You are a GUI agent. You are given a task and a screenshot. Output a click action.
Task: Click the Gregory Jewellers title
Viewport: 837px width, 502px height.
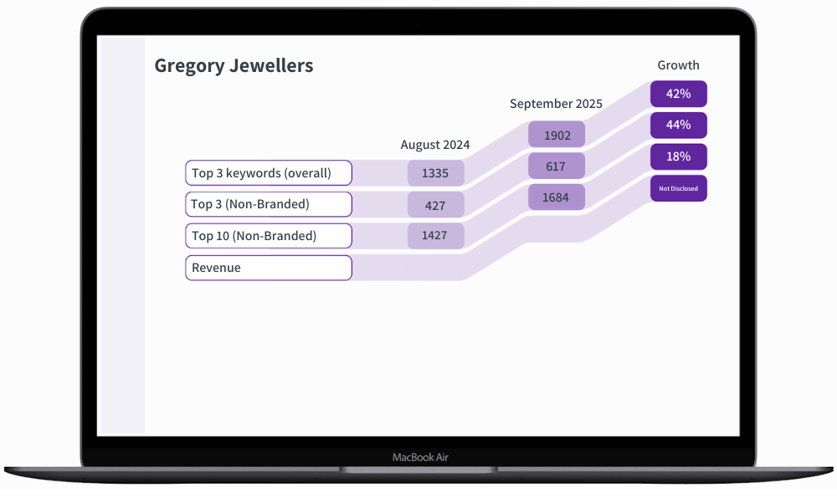coord(234,66)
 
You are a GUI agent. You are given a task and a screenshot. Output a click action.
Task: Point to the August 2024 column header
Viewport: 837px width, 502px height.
coord(435,145)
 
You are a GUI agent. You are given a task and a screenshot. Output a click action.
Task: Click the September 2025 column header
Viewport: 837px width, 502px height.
coord(556,104)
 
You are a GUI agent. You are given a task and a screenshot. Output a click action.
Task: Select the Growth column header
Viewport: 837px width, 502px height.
coord(678,65)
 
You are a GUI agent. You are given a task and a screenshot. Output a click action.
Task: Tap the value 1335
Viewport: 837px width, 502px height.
coord(435,173)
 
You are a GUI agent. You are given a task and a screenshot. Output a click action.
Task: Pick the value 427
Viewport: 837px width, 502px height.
coord(435,205)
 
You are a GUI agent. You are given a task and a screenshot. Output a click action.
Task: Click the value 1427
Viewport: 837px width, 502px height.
coord(435,236)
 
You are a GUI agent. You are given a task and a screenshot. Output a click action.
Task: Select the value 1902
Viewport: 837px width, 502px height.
coord(557,135)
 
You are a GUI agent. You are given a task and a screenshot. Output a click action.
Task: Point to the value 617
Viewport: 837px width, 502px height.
coord(556,166)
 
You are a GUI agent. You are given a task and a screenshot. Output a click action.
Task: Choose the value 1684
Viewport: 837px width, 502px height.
coord(556,197)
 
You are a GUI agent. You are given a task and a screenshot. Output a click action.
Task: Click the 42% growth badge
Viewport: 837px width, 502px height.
coord(679,94)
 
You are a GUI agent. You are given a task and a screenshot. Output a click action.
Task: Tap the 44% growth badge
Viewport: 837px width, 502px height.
coord(679,125)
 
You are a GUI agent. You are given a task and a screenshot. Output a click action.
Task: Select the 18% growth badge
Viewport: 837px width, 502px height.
coord(679,156)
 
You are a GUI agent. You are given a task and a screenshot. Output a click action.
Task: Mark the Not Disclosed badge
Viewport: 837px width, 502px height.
coord(679,188)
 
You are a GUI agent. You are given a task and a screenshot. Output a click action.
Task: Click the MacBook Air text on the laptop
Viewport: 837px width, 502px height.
coord(420,457)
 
